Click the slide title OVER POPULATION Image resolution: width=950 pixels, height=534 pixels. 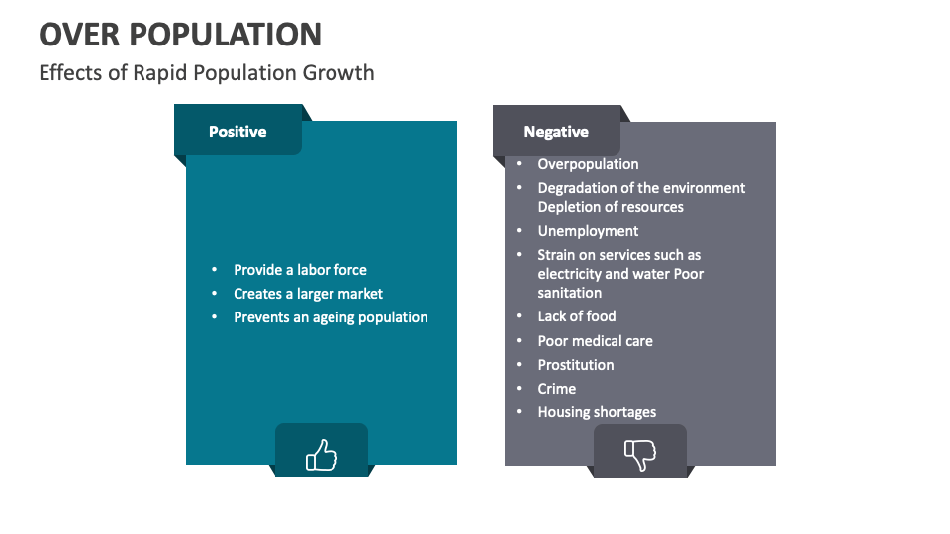180,34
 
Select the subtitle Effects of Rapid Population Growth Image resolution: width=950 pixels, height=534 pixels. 206,73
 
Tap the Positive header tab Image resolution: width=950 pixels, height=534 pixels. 237,132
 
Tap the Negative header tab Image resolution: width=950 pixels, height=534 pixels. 556,133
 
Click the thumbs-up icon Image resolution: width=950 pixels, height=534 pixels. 321,455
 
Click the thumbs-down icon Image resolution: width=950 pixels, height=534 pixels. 639,455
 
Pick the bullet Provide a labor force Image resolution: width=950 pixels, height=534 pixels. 300,270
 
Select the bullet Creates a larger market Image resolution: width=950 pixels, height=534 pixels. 308,294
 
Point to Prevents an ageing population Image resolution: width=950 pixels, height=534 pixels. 331,317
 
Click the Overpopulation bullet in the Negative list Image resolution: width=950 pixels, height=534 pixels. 588,164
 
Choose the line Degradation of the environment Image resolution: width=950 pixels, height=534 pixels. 641,188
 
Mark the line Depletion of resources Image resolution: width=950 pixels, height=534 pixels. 611,207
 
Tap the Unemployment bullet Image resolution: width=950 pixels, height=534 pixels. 588,231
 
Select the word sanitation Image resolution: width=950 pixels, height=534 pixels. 569,293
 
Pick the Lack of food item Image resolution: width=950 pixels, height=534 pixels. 577,316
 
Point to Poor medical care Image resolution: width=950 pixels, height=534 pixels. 595,341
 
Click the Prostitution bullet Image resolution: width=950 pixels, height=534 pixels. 576,365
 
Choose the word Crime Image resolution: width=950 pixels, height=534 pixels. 556,389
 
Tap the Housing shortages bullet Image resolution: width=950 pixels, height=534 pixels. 597,412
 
